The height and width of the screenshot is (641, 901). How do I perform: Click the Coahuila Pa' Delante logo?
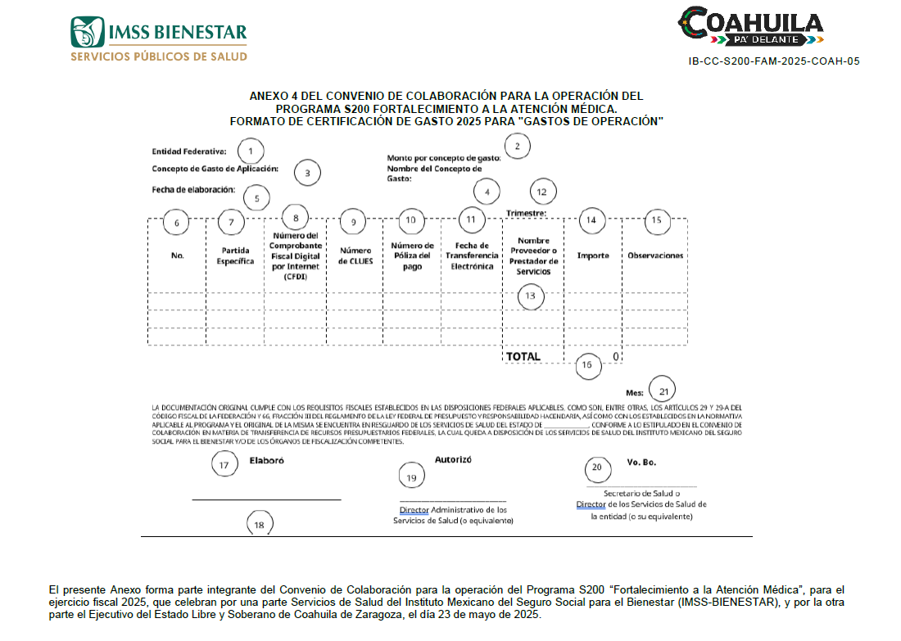(x=751, y=26)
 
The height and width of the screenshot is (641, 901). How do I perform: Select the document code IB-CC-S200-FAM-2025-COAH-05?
(x=774, y=61)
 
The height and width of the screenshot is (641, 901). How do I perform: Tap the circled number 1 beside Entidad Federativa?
(x=251, y=151)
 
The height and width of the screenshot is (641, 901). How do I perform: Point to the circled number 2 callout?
(x=517, y=147)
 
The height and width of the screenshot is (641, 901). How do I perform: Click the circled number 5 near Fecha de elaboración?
(x=256, y=198)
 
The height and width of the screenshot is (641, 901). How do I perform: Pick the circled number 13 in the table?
(x=531, y=296)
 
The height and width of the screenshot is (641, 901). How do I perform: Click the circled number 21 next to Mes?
(x=663, y=390)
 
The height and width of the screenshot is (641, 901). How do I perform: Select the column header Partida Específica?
(x=235, y=255)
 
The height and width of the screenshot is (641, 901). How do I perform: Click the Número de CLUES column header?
(x=355, y=255)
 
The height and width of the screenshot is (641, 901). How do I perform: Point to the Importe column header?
(x=593, y=255)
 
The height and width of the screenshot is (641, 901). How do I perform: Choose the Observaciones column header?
(x=655, y=255)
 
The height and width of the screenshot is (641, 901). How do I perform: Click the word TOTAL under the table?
(x=523, y=357)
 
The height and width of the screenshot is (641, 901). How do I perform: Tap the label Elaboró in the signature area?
(x=266, y=461)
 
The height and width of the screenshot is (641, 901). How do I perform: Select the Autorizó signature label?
(x=453, y=460)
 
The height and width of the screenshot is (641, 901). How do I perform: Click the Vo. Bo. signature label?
(x=641, y=462)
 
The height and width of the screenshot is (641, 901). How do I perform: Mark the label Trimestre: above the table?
(x=526, y=214)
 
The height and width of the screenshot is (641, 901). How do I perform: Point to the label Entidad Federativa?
(x=188, y=151)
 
